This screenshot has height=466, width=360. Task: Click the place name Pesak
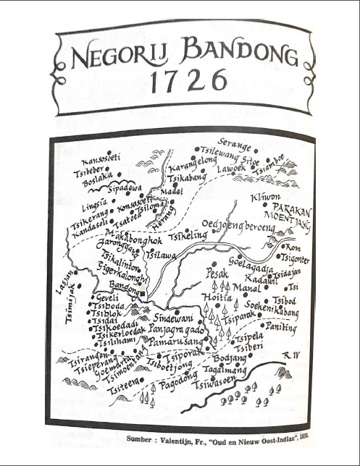click(x=217, y=274)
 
